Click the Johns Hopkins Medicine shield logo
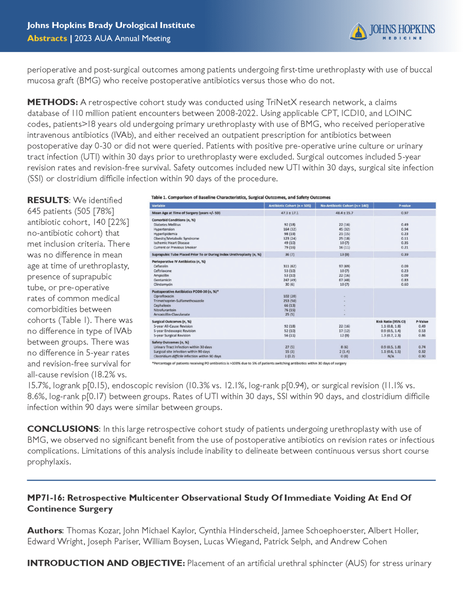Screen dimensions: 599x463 (x=358, y=32)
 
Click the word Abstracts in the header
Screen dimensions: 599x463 (x=47, y=38)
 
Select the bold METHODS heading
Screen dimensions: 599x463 (x=52, y=102)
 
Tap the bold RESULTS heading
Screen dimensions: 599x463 (x=48, y=200)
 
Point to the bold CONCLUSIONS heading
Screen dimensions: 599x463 (x=63, y=429)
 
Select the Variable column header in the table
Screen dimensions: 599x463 (x=158, y=206)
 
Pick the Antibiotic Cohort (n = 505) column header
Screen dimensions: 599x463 (x=289, y=206)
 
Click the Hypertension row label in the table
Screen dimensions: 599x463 (x=164, y=229)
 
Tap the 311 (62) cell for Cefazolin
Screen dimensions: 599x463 (x=289, y=266)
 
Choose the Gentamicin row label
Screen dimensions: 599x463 (x=163, y=280)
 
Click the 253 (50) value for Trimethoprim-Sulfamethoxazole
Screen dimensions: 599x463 (x=289, y=301)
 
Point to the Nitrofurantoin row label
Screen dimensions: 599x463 (x=164, y=310)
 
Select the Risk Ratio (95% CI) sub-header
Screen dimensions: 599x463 (x=391, y=322)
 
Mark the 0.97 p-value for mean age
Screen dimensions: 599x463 (x=404, y=213)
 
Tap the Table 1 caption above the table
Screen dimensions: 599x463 (x=240, y=197)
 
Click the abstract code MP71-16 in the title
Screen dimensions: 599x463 (x=46, y=498)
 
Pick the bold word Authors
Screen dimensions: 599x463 (x=44, y=531)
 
